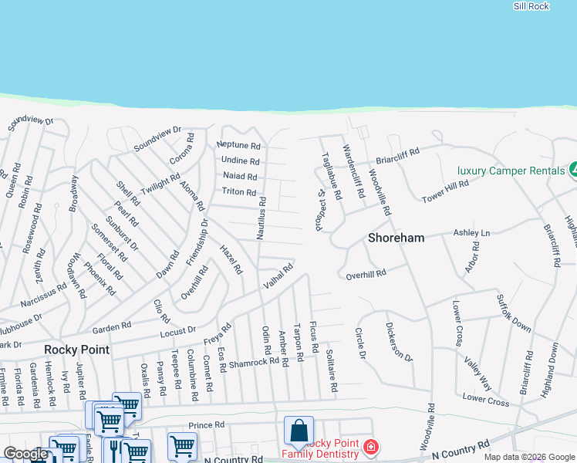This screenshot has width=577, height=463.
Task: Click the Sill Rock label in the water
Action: tap(531, 6)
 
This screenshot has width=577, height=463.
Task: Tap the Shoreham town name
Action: tap(396, 238)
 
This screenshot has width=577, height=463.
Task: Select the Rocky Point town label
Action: tap(76, 350)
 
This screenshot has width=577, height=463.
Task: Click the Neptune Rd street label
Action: tap(238, 145)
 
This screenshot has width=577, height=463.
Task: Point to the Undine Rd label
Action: tap(240, 161)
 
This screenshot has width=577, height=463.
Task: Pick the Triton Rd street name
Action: tap(238, 191)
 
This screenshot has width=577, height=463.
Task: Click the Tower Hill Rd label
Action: tap(445, 192)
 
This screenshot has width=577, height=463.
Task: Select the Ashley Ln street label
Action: tap(471, 232)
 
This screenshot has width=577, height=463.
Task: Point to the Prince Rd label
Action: tap(206, 424)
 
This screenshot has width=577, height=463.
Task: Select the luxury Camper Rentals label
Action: tap(511, 171)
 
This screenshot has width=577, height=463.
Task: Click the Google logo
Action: tap(25, 454)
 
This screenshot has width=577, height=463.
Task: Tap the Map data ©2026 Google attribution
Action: tap(529, 457)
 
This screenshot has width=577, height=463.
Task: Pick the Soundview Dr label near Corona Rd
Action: tap(157, 138)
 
